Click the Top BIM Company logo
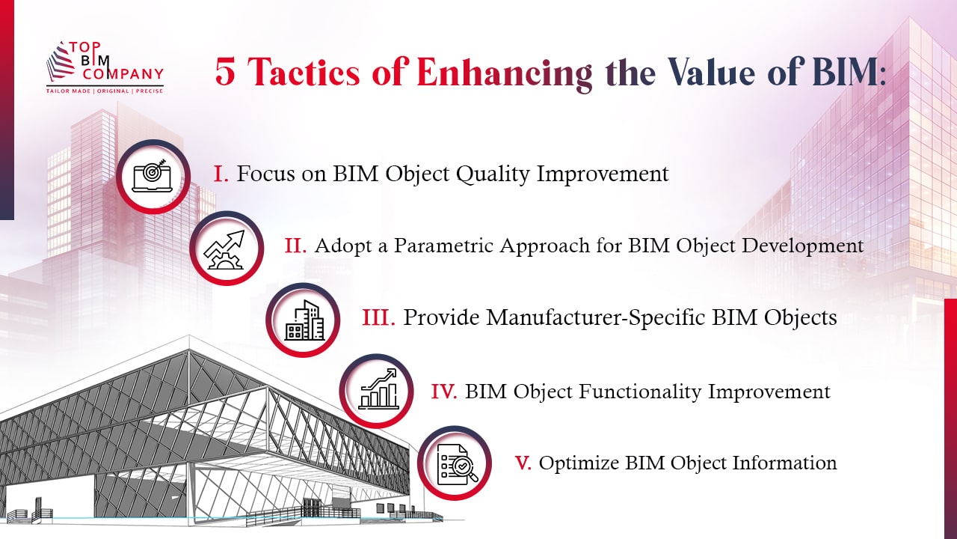point(104,63)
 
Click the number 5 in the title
point(225,73)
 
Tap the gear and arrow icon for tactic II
point(226,248)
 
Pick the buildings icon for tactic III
point(303,320)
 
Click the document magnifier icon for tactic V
point(454,463)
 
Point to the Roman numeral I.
point(221,174)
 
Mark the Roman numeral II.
point(295,246)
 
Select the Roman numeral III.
point(378,318)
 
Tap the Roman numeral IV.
point(444,392)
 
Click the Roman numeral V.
point(523,463)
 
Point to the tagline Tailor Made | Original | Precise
point(105,89)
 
